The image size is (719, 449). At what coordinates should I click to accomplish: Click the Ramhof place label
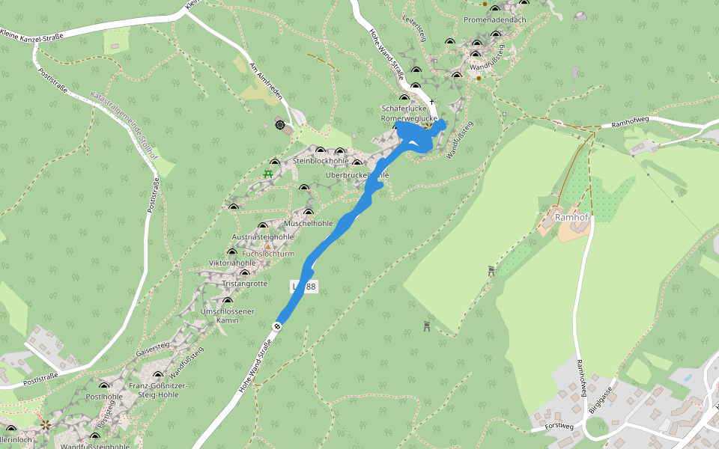(571, 217)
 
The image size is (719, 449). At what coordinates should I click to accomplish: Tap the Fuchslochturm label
(268, 254)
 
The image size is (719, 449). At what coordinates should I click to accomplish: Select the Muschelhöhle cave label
(309, 224)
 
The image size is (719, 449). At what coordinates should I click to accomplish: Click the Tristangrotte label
(244, 284)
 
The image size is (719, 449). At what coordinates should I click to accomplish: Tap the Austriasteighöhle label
(263, 236)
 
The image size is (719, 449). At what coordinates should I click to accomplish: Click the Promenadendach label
(495, 19)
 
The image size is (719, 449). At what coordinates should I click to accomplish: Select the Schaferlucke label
(404, 109)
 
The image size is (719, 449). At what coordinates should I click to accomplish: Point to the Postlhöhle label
(104, 396)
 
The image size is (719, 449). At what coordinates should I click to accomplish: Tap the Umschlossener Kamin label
(227, 315)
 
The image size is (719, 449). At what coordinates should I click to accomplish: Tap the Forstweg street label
(559, 427)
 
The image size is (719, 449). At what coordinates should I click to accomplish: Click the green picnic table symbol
(267, 174)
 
